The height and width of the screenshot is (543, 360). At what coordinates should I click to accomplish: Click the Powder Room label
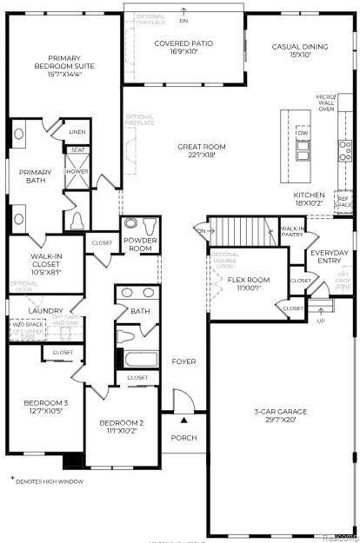pyautogui.click(x=139, y=244)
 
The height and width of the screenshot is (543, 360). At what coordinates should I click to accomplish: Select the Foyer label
pyautogui.click(x=183, y=361)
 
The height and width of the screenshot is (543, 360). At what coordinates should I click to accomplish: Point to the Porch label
pyautogui.click(x=183, y=437)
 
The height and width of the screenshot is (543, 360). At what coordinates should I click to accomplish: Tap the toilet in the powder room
pyautogui.click(x=131, y=223)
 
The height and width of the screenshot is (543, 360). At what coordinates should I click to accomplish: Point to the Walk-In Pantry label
pyautogui.click(x=292, y=231)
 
